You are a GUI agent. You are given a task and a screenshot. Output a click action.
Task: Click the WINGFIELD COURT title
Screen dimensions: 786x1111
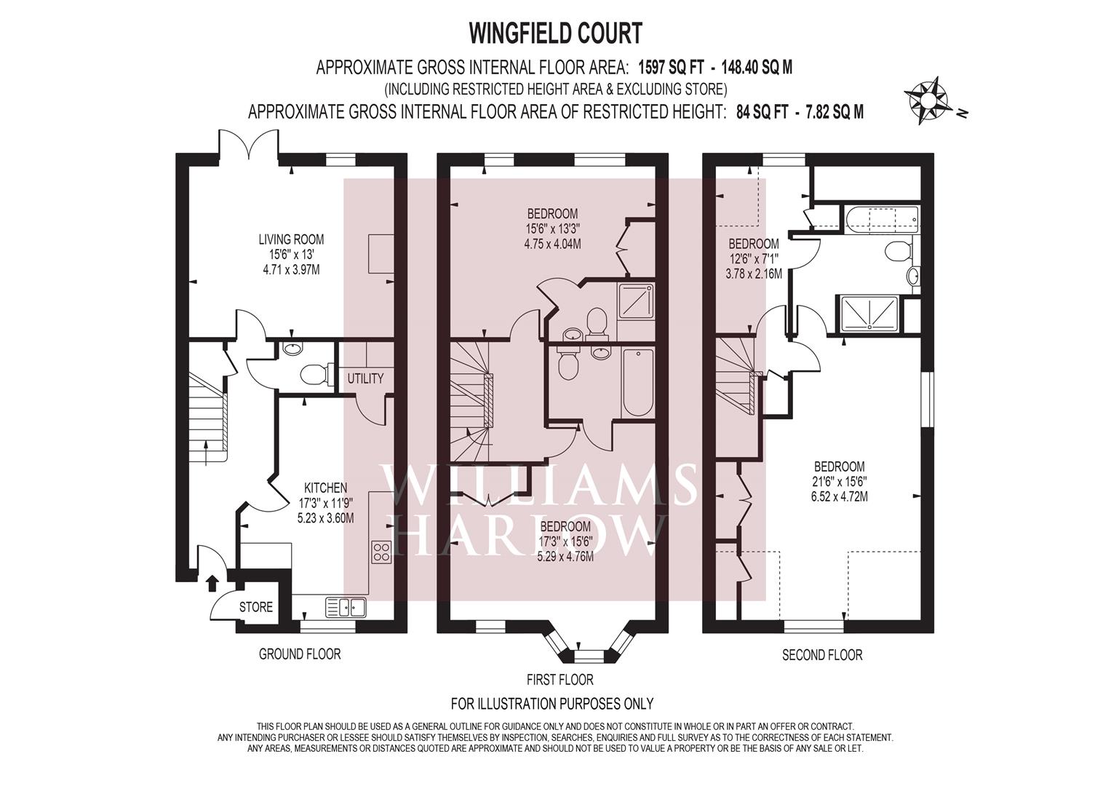[556, 33]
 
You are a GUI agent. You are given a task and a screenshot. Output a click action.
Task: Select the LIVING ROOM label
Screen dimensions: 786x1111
[291, 239]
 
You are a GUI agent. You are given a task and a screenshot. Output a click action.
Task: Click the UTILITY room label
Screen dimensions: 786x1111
[365, 378]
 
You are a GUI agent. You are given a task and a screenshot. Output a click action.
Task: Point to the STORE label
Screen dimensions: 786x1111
[256, 607]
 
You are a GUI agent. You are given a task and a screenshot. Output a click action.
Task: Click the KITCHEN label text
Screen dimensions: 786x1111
[325, 488]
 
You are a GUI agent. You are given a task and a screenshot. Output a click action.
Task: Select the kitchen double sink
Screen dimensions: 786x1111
[345, 606]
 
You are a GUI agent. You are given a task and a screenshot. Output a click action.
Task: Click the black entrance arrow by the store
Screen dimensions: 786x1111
[212, 582]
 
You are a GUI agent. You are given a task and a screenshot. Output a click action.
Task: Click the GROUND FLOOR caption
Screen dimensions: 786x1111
[300, 654]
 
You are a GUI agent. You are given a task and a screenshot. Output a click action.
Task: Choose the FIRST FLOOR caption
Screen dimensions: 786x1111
[560, 680]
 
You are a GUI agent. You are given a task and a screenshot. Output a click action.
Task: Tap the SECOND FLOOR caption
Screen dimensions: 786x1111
[822, 655]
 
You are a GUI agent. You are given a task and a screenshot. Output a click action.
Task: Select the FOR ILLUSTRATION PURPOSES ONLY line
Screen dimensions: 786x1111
[552, 704]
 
